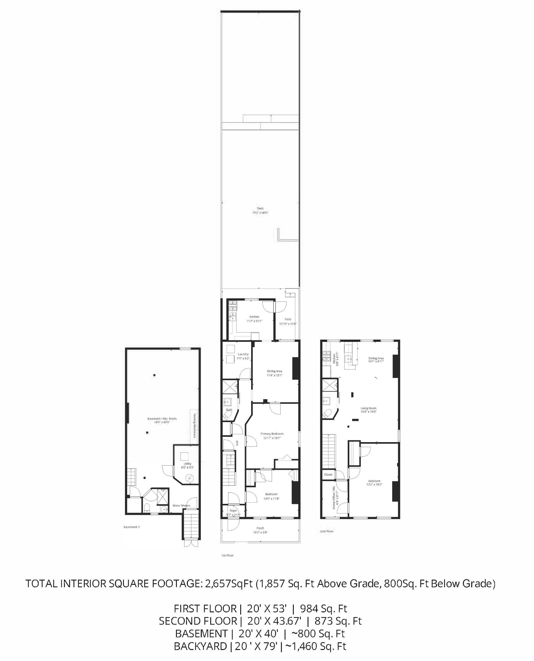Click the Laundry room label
click(x=243, y=354)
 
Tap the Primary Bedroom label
click(x=272, y=434)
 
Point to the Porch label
click(x=260, y=528)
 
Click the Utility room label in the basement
click(x=188, y=464)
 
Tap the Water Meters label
click(x=181, y=505)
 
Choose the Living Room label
click(x=368, y=408)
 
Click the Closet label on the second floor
click(x=328, y=474)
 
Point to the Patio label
click(x=288, y=319)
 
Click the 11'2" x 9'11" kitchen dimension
click(x=254, y=321)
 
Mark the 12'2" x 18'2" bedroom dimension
click(x=374, y=484)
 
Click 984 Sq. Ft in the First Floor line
click(x=323, y=608)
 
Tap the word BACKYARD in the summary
click(x=200, y=646)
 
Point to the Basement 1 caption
click(x=131, y=527)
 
